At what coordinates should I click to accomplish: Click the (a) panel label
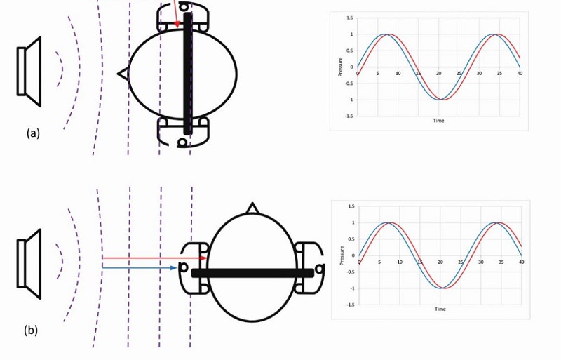tap(33, 133)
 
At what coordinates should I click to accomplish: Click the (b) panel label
tap(31, 330)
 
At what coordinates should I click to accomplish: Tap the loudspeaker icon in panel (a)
tap(29, 72)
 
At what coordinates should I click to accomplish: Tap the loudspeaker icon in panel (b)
tap(29, 264)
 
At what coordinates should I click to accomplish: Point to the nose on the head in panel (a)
tap(123, 74)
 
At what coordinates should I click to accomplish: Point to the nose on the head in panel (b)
tap(252, 208)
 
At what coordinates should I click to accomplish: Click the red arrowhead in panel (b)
tap(203, 258)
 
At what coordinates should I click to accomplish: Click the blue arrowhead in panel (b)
tap(174, 267)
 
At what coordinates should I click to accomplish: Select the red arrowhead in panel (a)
tap(177, 25)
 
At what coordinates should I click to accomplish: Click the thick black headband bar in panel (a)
tap(187, 74)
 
